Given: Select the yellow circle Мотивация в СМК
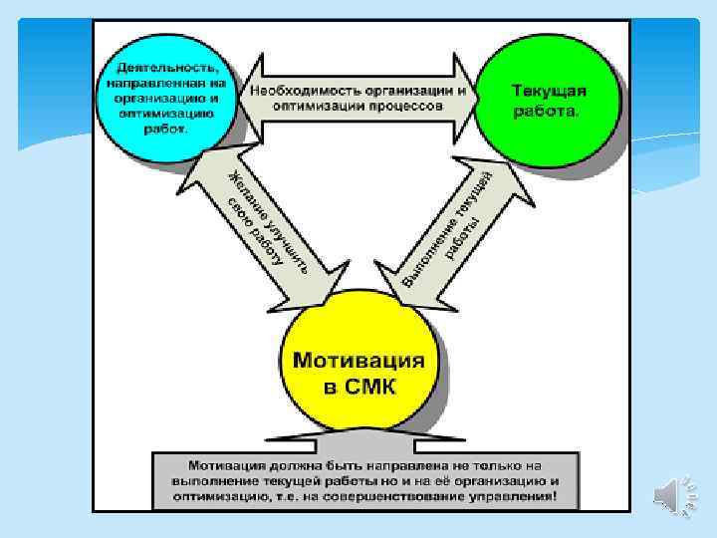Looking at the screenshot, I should tap(358, 372).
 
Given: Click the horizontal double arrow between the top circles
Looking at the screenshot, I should tap(358, 97).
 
